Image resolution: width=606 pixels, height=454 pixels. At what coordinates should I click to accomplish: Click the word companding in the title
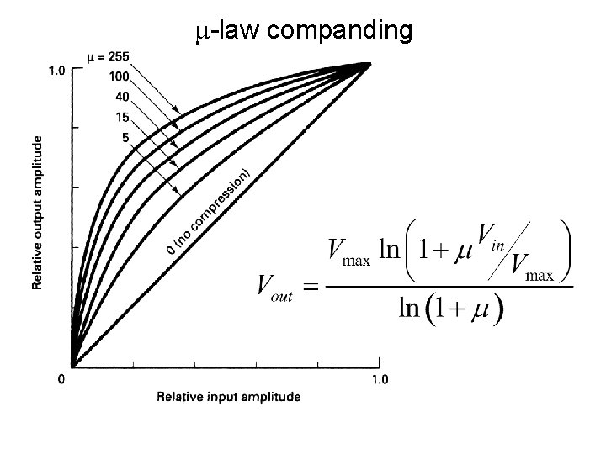[x=343, y=31]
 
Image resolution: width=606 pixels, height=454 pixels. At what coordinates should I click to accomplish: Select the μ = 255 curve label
[x=109, y=58]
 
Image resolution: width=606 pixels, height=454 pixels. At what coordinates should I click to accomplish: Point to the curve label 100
[x=119, y=77]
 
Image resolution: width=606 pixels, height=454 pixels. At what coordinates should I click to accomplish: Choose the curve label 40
[x=121, y=98]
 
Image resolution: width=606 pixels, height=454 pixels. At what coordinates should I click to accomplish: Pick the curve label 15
[x=121, y=118]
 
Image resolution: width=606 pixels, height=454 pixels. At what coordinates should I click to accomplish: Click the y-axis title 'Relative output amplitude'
[x=38, y=214]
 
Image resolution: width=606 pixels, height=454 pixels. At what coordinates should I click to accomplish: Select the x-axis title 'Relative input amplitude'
[x=228, y=396]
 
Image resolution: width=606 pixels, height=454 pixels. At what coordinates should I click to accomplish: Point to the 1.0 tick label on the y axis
[x=53, y=71]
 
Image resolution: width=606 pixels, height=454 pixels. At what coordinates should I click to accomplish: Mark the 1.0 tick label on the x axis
[x=380, y=379]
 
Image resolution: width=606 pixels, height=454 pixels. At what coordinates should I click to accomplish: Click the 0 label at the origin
[x=61, y=379]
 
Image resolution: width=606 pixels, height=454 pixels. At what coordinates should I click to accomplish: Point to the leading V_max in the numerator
[x=348, y=251]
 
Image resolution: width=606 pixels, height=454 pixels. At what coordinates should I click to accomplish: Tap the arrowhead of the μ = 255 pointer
[x=179, y=111]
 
